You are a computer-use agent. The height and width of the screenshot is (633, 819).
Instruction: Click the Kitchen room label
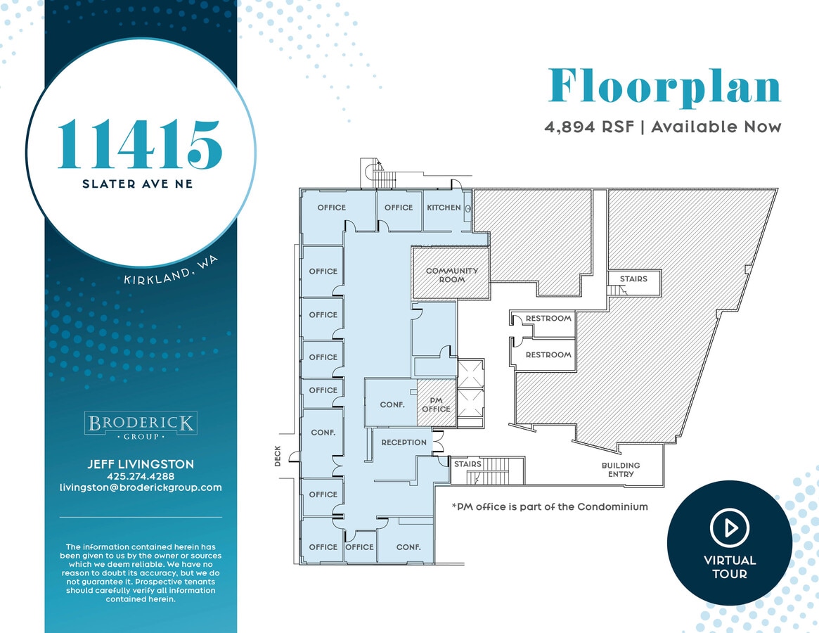pyautogui.click(x=444, y=207)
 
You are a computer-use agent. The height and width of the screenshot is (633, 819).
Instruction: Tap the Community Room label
pyautogui.click(x=451, y=275)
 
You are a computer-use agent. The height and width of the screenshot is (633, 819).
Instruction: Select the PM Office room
pyautogui.click(x=436, y=404)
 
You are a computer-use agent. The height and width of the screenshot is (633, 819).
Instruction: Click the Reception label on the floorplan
pyautogui.click(x=404, y=442)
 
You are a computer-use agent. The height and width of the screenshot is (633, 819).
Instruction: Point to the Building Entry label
pyautogui.click(x=621, y=470)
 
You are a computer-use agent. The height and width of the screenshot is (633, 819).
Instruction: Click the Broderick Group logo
pyautogui.click(x=141, y=426)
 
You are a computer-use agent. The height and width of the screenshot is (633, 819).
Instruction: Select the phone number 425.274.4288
pyautogui.click(x=141, y=476)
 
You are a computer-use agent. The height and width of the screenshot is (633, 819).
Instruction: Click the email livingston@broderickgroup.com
pyautogui.click(x=141, y=487)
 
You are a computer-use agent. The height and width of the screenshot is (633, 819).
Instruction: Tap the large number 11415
pyautogui.click(x=140, y=144)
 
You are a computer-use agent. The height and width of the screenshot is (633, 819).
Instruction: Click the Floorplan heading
pyautogui.click(x=664, y=87)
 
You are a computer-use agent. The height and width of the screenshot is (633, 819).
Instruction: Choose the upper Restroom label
pyautogui.click(x=548, y=319)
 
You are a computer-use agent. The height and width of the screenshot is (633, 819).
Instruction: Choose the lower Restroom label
pyautogui.click(x=548, y=355)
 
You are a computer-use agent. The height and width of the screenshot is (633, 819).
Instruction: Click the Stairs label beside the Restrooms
pyautogui.click(x=633, y=279)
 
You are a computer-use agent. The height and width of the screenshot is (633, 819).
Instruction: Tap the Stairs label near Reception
pyautogui.click(x=467, y=464)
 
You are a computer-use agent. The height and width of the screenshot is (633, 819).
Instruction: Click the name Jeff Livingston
pyautogui.click(x=141, y=464)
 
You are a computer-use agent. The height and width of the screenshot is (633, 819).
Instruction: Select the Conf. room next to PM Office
pyautogui.click(x=391, y=405)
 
